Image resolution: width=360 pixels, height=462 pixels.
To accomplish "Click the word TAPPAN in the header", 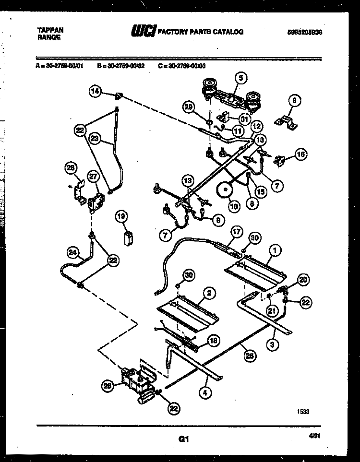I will tap(49, 30).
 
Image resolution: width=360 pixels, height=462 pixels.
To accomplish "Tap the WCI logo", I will tap(143, 32).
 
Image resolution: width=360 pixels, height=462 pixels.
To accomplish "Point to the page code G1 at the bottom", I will tap(182, 438).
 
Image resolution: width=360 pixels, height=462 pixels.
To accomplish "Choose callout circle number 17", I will tap(236, 231).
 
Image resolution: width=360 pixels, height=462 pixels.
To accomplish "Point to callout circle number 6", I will tap(294, 100).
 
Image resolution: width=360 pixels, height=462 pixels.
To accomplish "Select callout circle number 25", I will tap(249, 355).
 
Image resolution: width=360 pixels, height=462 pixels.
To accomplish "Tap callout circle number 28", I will tap(71, 167).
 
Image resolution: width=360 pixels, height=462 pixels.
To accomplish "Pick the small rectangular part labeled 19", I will tap(128, 238).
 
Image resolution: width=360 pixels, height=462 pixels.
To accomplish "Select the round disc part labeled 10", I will tap(223, 190).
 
